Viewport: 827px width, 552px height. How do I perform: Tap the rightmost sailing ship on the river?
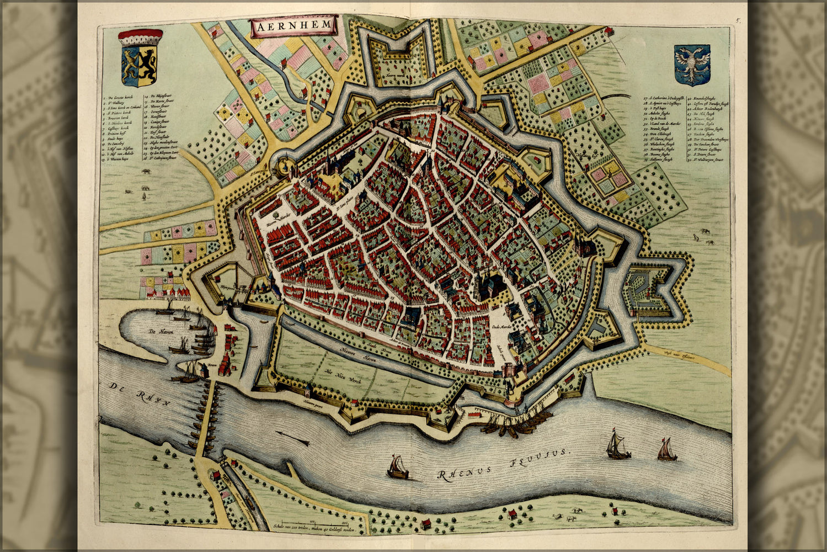666,450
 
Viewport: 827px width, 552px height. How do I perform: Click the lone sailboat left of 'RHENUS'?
397,468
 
